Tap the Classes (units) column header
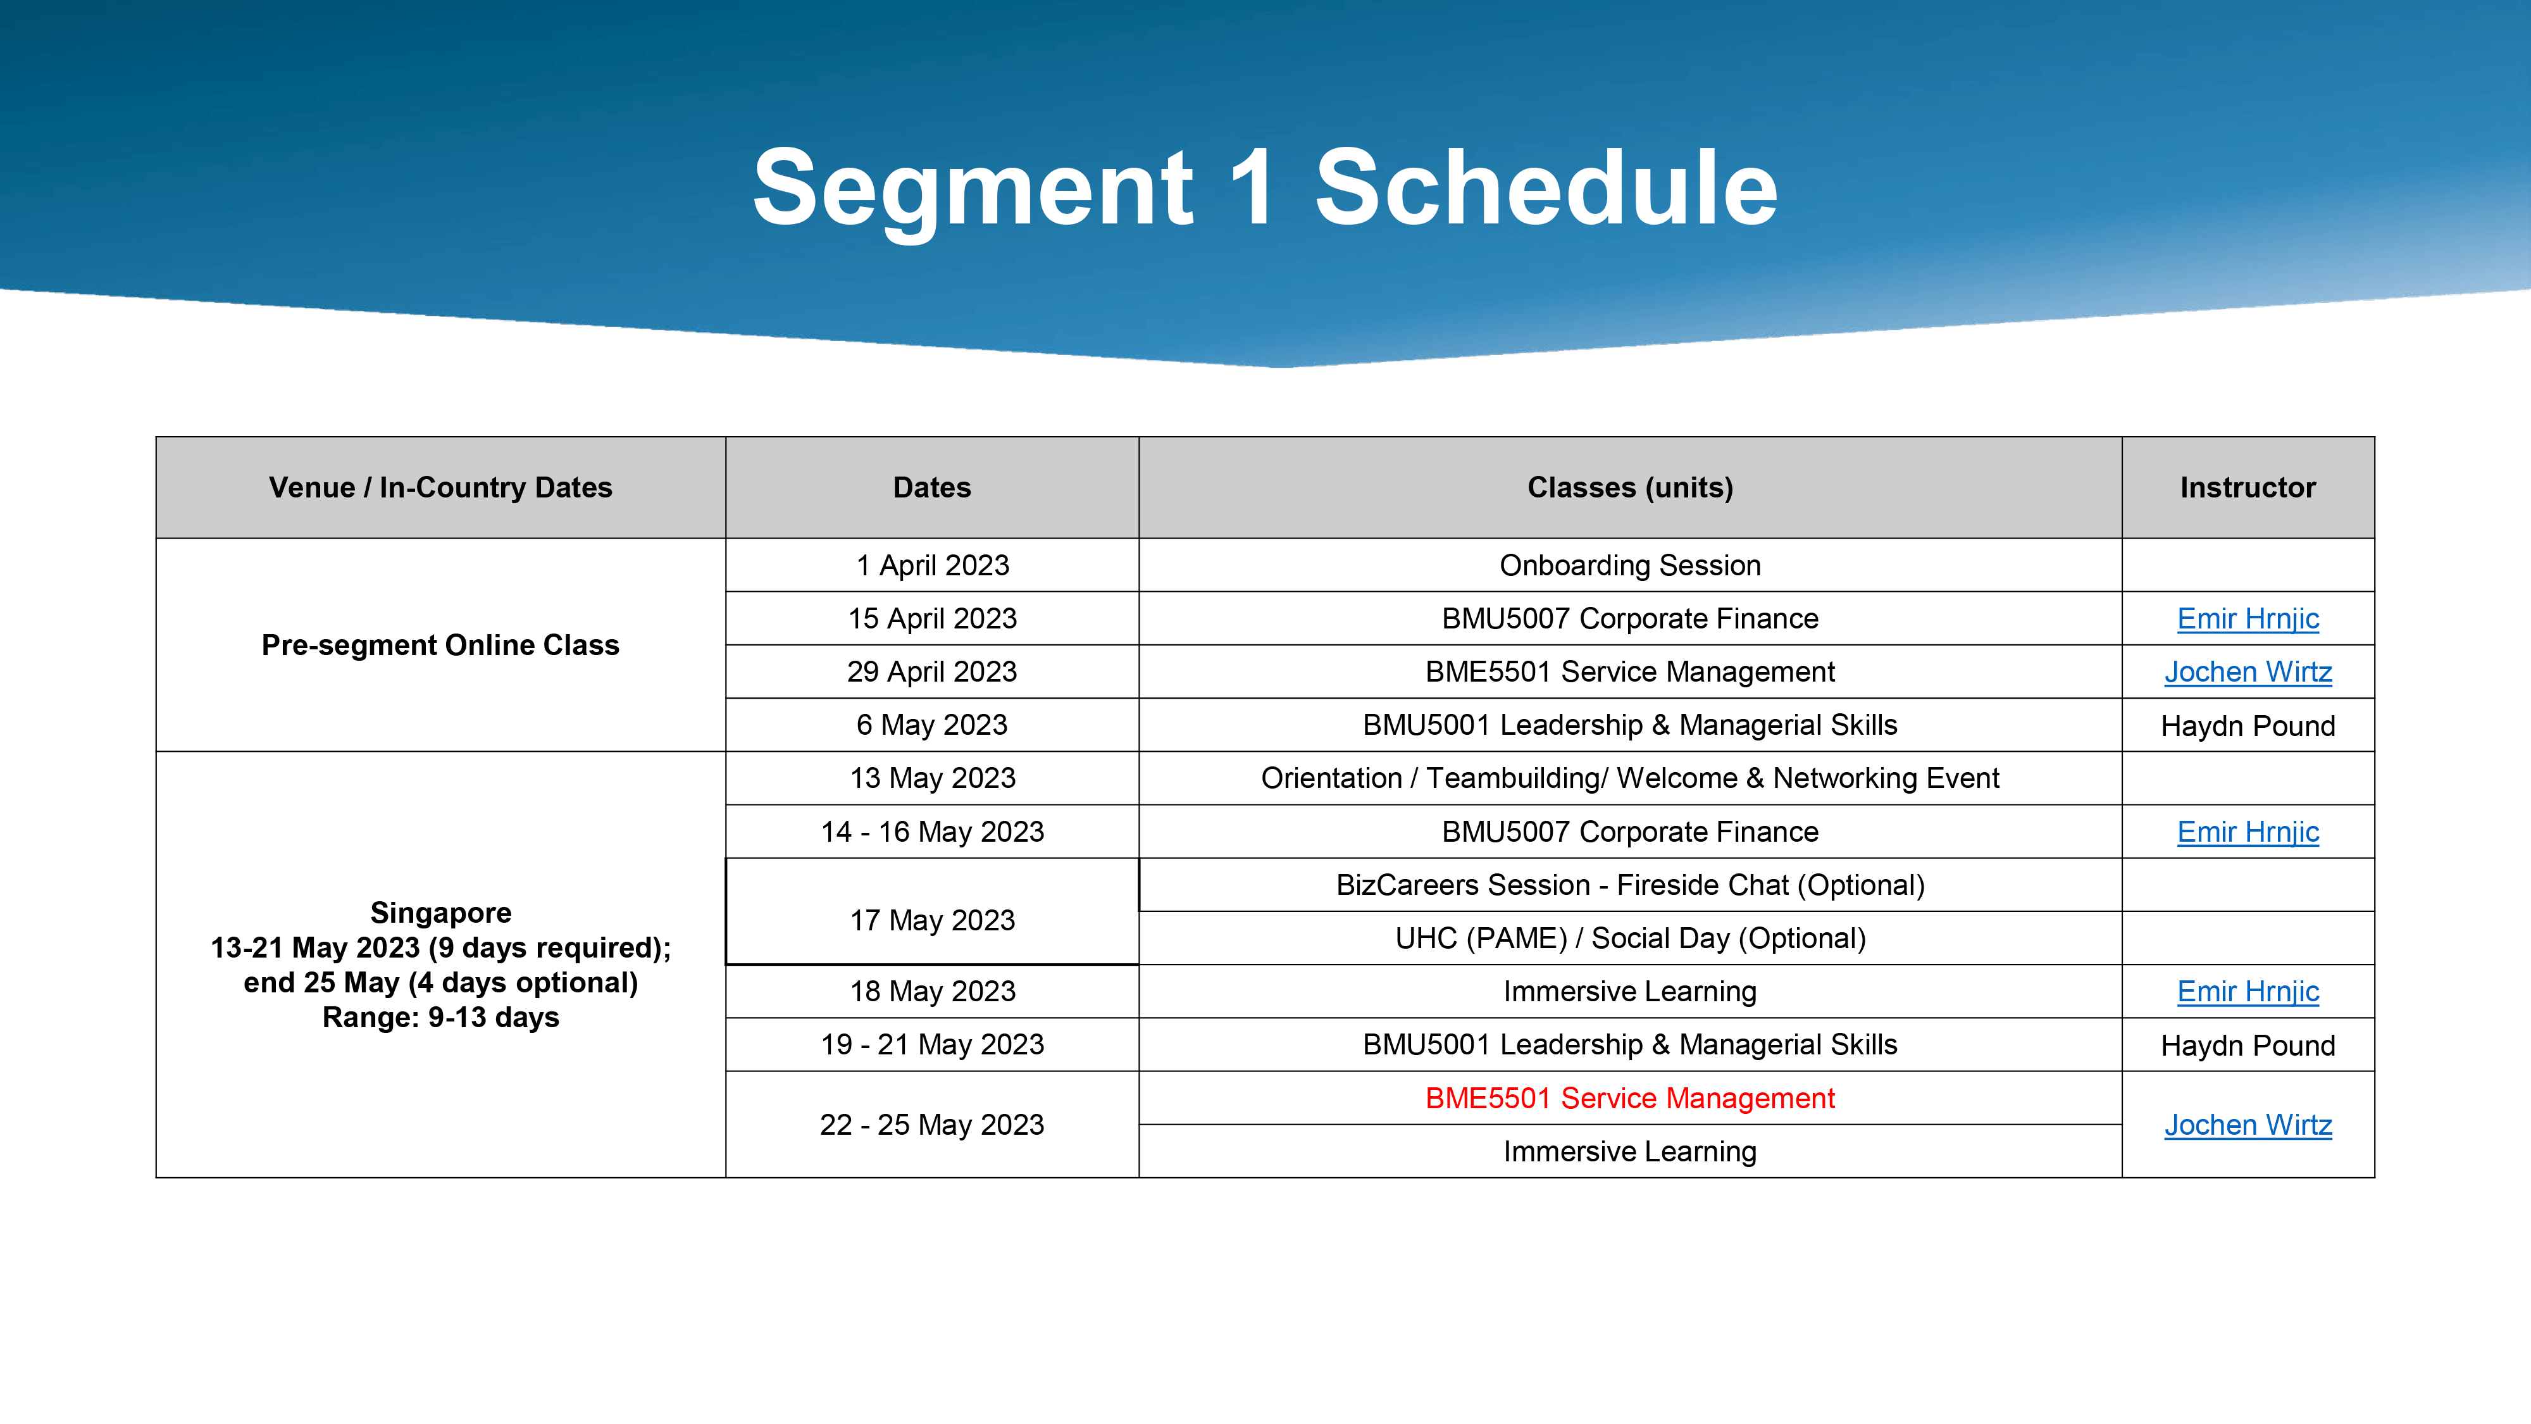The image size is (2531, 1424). [1630, 487]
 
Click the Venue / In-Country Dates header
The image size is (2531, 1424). [440, 487]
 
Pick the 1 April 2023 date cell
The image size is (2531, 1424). [931, 565]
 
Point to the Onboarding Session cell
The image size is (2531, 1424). [1630, 565]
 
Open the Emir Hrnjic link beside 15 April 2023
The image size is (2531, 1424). [2248, 618]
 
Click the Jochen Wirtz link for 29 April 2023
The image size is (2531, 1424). [2248, 671]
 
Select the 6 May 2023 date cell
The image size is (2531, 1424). [931, 724]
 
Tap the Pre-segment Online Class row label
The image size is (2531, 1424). [440, 645]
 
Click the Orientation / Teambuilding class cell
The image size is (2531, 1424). [1630, 777]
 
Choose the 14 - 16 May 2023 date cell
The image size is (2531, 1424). [931, 832]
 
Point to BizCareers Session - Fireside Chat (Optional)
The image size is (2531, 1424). [1630, 885]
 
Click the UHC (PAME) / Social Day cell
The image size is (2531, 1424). [1630, 937]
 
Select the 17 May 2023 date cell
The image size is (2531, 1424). [931, 920]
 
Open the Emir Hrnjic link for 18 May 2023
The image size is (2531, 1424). [2248, 990]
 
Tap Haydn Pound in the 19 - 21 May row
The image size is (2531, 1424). [2248, 1045]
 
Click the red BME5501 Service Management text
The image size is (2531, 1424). [1630, 1097]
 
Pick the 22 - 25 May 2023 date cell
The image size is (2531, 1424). [931, 1124]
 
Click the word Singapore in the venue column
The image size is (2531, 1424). [440, 913]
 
